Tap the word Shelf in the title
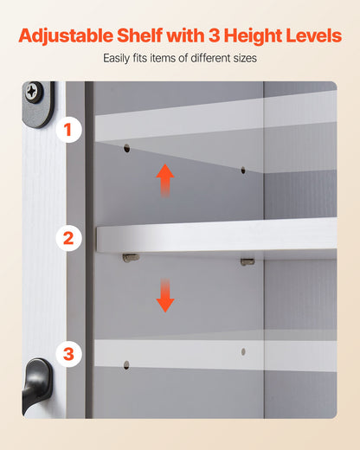[155, 36]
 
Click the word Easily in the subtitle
[118, 59]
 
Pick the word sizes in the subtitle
[242, 59]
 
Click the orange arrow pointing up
[165, 181]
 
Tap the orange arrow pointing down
[165, 295]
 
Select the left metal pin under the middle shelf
[130, 257]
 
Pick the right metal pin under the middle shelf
[247, 260]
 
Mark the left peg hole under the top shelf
[126, 149]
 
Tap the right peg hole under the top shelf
[242, 170]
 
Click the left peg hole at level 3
[126, 365]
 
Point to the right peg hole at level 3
[243, 352]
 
